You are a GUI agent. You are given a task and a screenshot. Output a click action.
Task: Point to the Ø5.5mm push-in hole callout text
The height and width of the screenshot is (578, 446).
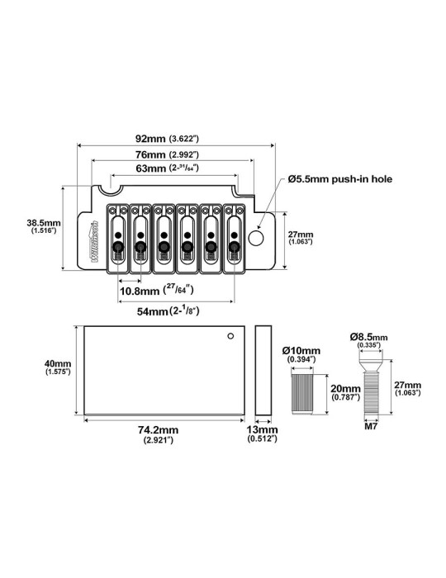339,179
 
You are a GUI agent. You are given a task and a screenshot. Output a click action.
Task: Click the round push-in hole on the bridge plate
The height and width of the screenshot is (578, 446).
256,238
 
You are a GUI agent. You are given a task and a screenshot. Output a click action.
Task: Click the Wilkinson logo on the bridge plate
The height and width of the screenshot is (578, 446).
94,241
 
